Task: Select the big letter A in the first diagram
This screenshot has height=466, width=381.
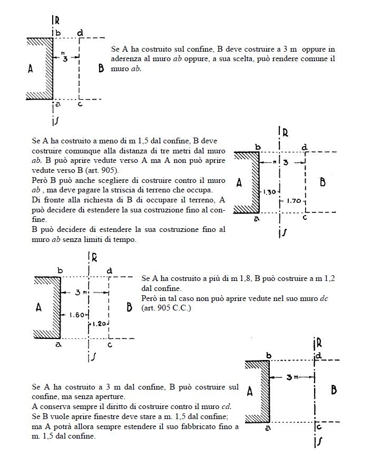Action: coord(30,68)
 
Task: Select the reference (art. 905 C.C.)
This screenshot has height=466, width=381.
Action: coord(165,307)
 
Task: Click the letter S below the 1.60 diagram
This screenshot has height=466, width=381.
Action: coord(93,357)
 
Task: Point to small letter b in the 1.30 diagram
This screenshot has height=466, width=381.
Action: coord(258,147)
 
